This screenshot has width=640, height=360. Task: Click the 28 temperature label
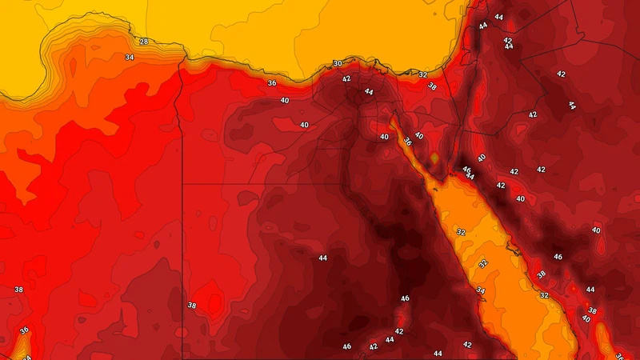(x=144, y=42)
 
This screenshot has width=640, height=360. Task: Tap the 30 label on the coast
(x=338, y=64)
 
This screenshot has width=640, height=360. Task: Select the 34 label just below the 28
(x=129, y=58)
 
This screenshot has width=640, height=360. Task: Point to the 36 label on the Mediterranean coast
(x=272, y=83)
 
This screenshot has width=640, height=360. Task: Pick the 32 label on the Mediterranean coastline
(x=423, y=74)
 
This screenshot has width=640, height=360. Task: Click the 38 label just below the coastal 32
(x=432, y=86)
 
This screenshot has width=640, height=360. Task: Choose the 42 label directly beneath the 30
(x=346, y=79)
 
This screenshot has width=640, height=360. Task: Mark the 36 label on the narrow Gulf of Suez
(x=408, y=142)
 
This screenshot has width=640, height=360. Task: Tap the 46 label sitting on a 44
(x=466, y=170)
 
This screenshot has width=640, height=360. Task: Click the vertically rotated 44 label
(x=571, y=105)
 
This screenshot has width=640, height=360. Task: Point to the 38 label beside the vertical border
(x=191, y=306)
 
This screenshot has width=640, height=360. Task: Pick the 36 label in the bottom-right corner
(x=619, y=357)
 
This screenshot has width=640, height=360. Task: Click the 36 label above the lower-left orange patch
(x=24, y=330)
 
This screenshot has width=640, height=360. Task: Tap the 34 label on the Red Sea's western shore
(x=480, y=290)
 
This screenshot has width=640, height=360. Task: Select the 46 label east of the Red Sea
(x=558, y=258)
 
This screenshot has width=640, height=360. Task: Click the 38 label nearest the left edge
(x=18, y=290)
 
